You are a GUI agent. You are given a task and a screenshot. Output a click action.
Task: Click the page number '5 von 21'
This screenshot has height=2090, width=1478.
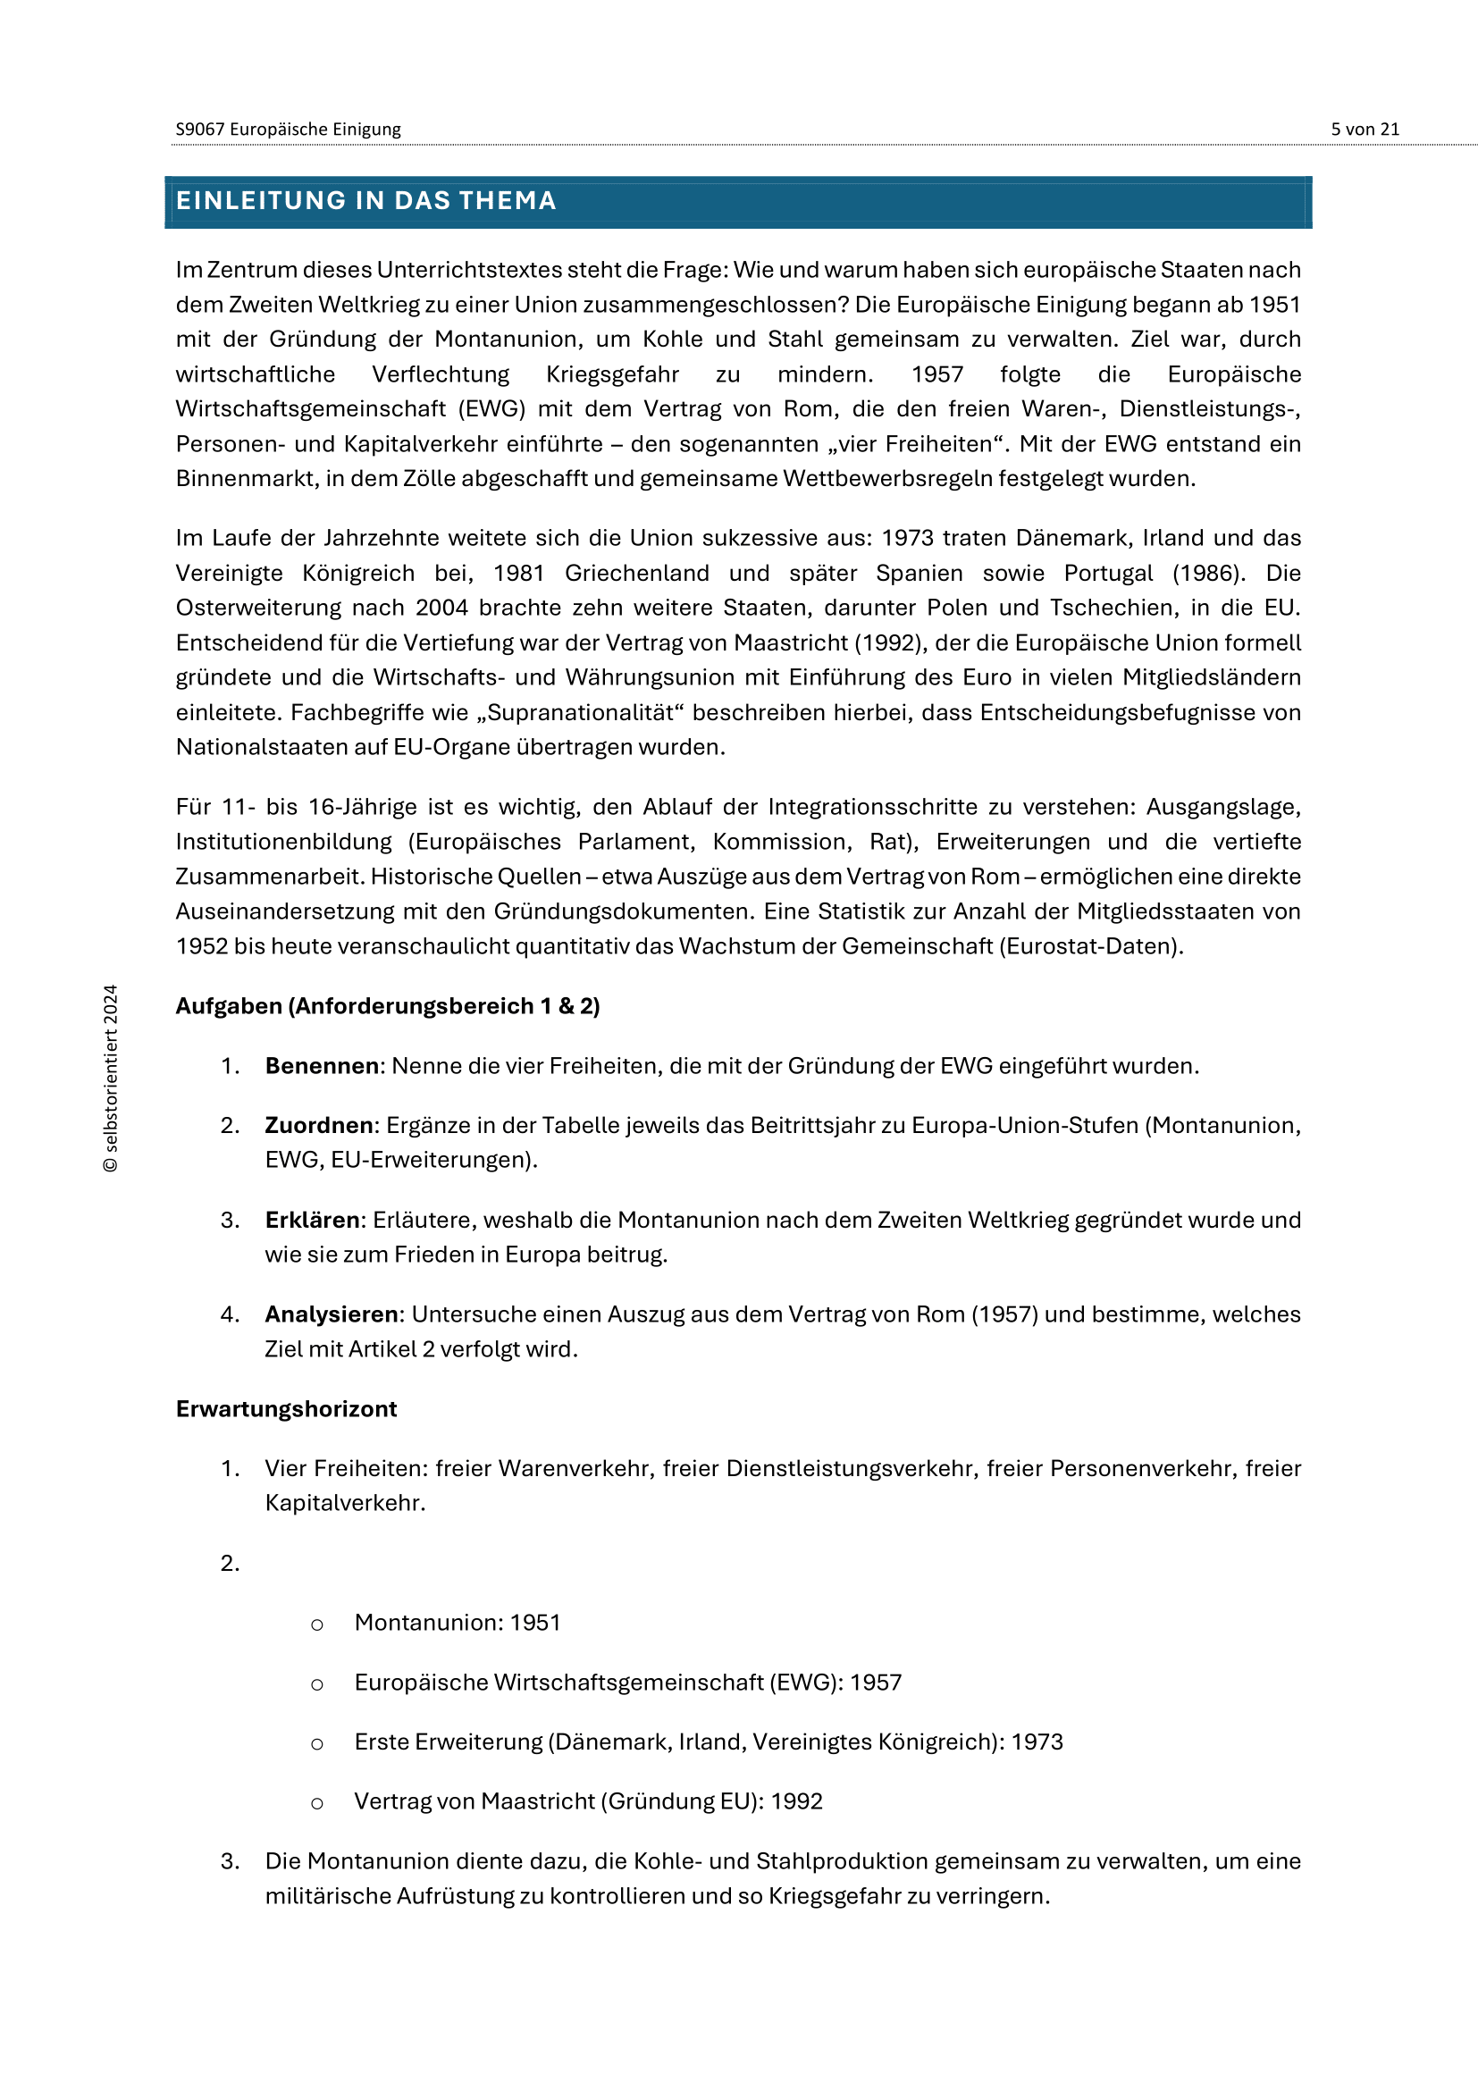[1365, 130]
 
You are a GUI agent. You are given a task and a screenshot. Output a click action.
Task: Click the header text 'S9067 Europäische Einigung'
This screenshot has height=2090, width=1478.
[288, 130]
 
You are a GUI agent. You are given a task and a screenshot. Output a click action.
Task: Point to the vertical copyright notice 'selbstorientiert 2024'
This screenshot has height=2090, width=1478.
[111, 1078]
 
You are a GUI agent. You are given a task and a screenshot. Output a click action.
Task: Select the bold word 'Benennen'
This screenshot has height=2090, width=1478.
[323, 1066]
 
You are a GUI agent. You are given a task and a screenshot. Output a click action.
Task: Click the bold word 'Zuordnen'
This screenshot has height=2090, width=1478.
[318, 1126]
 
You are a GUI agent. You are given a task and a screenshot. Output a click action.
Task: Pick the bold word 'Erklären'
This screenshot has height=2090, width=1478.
[312, 1221]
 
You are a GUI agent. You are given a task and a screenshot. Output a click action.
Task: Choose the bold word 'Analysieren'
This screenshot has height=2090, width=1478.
[332, 1315]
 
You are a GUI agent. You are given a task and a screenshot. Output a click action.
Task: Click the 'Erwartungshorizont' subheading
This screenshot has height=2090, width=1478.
[287, 1410]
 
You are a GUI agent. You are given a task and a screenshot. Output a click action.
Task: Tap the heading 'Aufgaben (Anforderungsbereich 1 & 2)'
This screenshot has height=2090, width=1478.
[388, 1007]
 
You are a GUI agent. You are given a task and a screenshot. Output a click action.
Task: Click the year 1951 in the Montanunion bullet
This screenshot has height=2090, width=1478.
[535, 1623]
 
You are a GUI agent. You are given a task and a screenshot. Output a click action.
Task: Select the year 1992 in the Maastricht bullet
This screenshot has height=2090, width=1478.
[796, 1801]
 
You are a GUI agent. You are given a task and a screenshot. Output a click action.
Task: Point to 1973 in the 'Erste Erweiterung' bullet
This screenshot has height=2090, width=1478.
[1037, 1742]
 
